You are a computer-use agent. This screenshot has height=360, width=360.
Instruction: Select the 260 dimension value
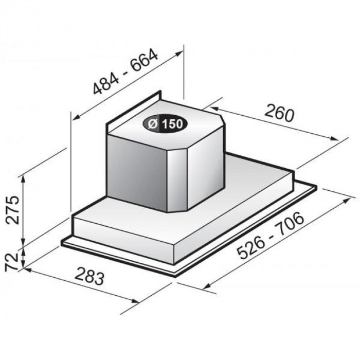(x=279, y=113)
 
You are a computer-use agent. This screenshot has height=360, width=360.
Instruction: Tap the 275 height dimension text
(x=13, y=210)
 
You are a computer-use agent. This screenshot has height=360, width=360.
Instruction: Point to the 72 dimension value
(x=11, y=261)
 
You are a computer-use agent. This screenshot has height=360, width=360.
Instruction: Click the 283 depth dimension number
(x=89, y=275)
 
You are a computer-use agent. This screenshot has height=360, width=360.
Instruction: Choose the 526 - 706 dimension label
(x=271, y=236)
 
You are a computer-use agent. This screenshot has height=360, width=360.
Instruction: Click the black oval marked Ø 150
(x=165, y=124)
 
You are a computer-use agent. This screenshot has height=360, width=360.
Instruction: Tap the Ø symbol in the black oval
(x=153, y=124)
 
